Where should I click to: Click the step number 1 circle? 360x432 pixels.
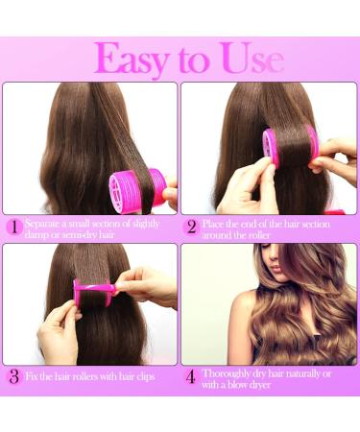coord(12,227)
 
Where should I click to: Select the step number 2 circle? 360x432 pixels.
coord(191,227)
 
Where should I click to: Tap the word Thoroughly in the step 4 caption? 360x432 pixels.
coord(229,372)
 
